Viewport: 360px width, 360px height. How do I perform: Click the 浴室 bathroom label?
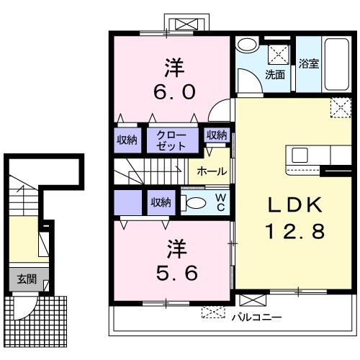(309, 63)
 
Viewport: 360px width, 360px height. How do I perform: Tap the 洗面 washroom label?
(275, 75)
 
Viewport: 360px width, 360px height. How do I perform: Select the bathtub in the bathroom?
(336, 64)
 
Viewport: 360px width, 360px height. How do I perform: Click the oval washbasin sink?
(248, 44)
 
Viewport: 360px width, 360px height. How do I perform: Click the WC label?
(220, 203)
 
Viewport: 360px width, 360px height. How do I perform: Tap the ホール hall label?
(212, 171)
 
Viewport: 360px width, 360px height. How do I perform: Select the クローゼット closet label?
(171, 140)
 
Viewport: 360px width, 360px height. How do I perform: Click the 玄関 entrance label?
(27, 279)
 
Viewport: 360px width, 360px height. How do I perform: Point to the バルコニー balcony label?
(256, 318)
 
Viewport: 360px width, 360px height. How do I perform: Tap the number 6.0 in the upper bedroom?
(174, 92)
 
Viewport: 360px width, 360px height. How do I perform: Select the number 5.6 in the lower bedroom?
(177, 273)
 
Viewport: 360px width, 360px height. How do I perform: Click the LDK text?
(295, 204)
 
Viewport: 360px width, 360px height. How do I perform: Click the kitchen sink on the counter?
(300, 155)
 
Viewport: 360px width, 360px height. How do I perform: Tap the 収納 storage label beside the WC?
(161, 203)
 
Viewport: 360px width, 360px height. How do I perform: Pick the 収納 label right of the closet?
(217, 135)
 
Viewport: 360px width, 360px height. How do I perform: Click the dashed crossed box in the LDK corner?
(341, 107)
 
